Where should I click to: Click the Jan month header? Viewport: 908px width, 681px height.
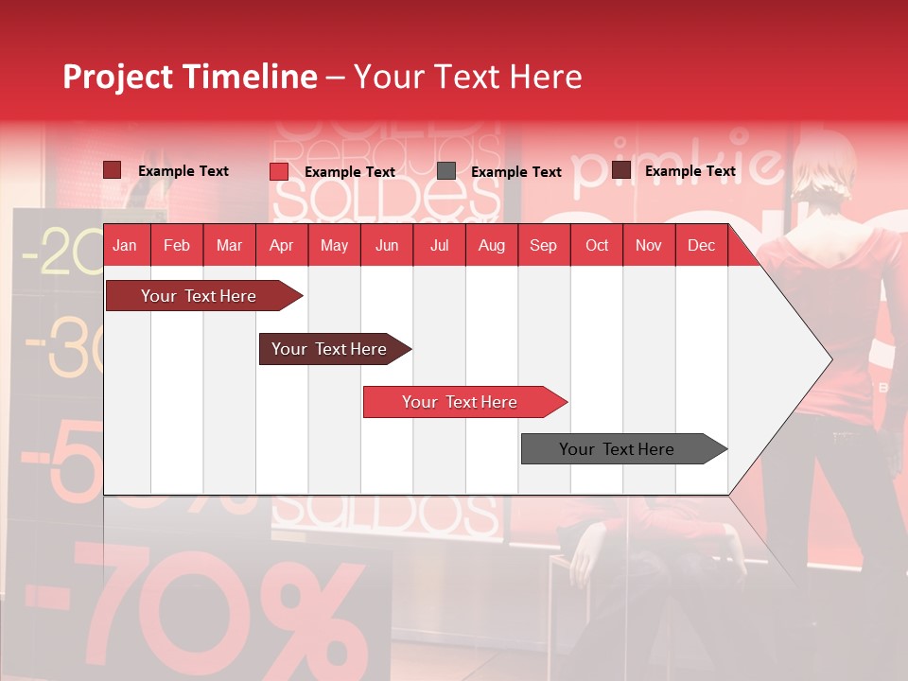(x=125, y=246)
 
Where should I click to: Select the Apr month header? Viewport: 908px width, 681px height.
(x=281, y=246)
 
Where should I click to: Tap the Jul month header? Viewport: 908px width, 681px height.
(x=439, y=246)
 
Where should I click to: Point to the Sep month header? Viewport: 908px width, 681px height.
(x=543, y=246)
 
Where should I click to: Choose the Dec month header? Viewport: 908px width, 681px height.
(x=701, y=246)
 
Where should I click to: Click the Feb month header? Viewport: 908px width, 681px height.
(x=177, y=246)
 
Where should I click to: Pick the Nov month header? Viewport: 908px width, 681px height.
(x=648, y=246)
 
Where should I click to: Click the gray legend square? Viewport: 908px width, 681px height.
(x=446, y=171)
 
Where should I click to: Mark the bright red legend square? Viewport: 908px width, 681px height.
(x=279, y=171)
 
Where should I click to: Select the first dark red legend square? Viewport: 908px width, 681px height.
(x=112, y=170)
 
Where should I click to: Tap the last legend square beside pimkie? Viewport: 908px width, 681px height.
(x=621, y=170)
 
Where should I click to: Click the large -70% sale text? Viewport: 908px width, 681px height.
(x=227, y=605)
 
